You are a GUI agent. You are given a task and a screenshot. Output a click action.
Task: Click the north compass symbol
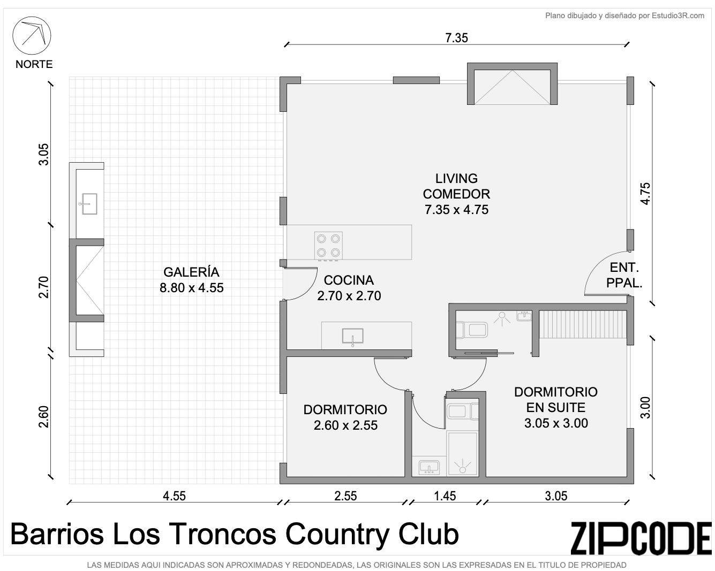(x=32, y=35)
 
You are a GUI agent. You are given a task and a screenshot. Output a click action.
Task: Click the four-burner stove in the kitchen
(x=328, y=246)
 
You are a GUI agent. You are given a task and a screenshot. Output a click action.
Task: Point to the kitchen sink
(x=352, y=336)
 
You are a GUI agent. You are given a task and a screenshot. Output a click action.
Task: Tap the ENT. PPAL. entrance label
(x=624, y=275)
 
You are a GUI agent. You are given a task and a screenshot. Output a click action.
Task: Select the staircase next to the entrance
(x=583, y=324)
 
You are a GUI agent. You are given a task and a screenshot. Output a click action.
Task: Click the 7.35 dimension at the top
(x=456, y=38)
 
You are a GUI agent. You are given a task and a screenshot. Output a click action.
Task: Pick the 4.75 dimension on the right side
(x=645, y=194)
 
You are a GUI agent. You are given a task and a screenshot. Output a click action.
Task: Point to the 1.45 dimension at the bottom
(x=445, y=496)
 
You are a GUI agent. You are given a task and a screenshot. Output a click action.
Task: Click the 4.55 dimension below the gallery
(x=174, y=496)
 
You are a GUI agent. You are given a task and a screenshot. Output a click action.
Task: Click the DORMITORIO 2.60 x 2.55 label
(x=345, y=417)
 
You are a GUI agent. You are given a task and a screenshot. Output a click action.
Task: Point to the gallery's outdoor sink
(x=89, y=204)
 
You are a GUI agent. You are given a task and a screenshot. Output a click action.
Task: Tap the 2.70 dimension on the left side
(x=43, y=287)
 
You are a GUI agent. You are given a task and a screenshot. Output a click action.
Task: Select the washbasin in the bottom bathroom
(x=429, y=467)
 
